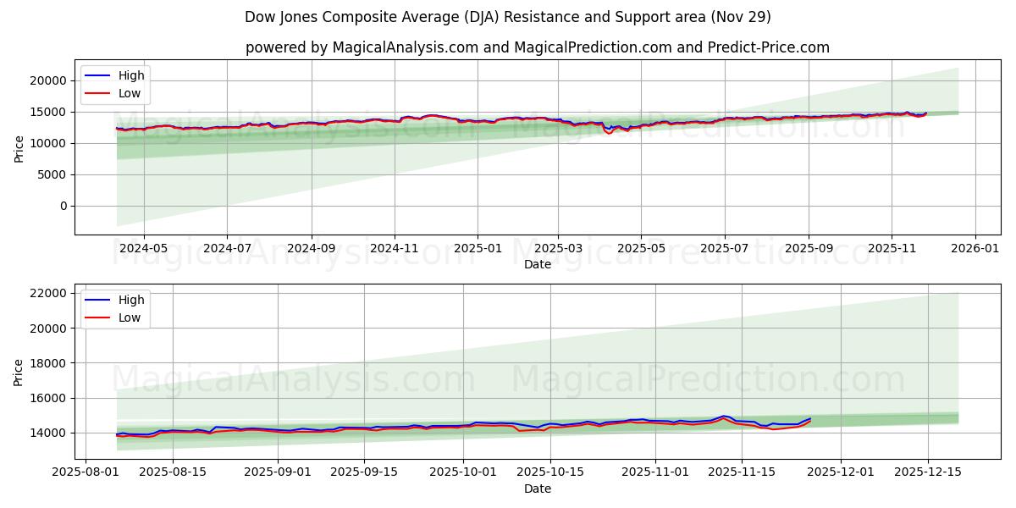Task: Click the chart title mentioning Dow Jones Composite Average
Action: point(507,17)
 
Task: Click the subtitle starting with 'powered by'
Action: point(537,47)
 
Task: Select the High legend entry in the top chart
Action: point(130,75)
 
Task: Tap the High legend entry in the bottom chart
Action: point(130,300)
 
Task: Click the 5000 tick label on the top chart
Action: point(53,174)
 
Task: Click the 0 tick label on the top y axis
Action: point(63,206)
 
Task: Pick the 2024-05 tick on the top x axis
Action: point(143,248)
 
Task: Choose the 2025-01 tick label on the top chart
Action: point(478,248)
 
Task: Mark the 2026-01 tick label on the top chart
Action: point(975,248)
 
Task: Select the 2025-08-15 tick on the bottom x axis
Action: point(173,472)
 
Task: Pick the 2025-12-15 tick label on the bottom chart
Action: point(927,472)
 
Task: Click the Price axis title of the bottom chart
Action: point(19,371)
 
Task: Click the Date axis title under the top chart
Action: point(537,264)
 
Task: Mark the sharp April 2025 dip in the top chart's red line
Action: point(609,133)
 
